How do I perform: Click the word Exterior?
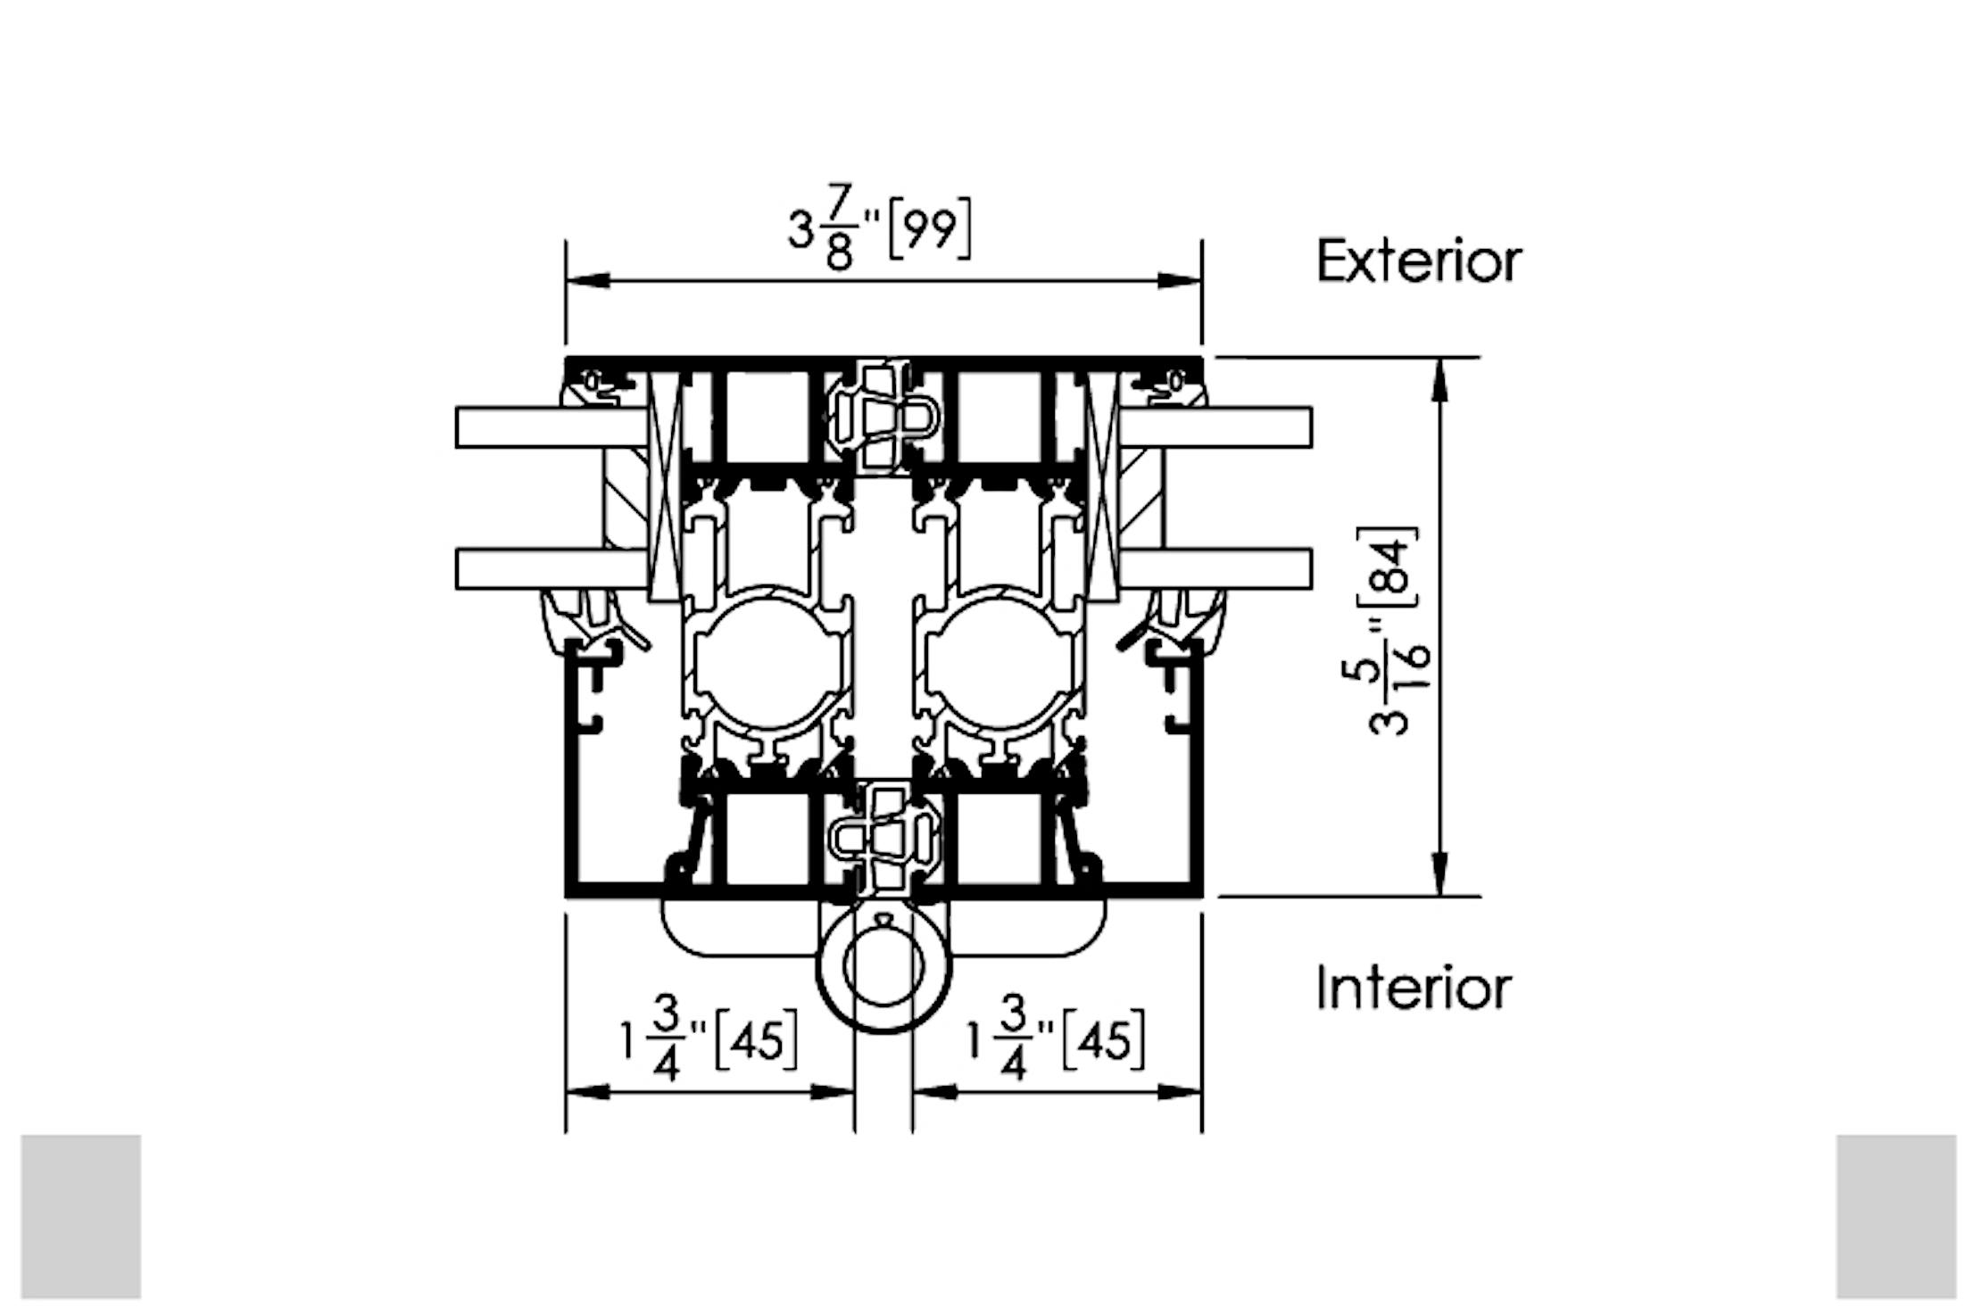coord(1418,261)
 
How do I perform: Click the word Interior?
coord(1413,989)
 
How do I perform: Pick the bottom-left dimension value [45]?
coord(756,1040)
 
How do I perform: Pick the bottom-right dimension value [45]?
coord(1103,1040)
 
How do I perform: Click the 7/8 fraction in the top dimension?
coord(839,227)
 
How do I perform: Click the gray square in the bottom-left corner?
coord(81,1216)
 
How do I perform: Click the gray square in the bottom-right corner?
coord(1895,1216)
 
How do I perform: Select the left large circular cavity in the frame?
coord(769,658)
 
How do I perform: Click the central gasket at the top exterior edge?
coord(882,417)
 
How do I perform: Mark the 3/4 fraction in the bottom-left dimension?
coord(667,1039)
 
